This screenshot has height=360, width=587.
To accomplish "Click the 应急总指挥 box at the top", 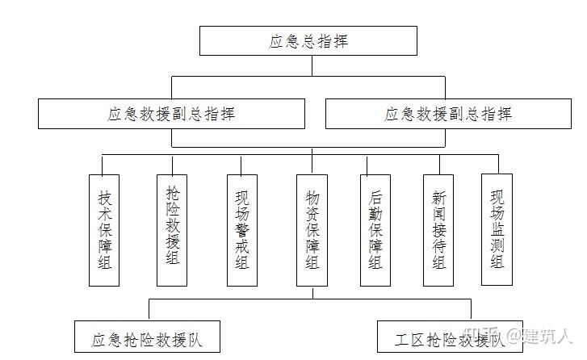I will [308, 40].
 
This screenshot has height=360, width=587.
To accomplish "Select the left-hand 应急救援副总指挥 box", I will [171, 114].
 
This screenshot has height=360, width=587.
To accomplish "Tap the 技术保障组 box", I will [104, 229].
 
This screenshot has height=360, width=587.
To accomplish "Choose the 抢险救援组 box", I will [172, 229].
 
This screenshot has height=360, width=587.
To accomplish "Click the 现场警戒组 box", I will [241, 229].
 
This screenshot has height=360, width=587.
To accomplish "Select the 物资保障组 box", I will [312, 229].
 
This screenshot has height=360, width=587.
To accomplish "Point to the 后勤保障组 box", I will [375, 229].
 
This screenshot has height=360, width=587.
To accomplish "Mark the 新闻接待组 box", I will [439, 229].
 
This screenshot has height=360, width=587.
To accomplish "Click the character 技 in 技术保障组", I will [104, 197].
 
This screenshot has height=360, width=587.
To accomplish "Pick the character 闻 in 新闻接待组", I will [439, 214].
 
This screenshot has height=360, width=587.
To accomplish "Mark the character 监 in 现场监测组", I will [497, 229].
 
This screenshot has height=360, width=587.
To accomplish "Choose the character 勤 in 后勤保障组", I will [375, 213].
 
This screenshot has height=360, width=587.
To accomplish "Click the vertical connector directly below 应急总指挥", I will [308, 65].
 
